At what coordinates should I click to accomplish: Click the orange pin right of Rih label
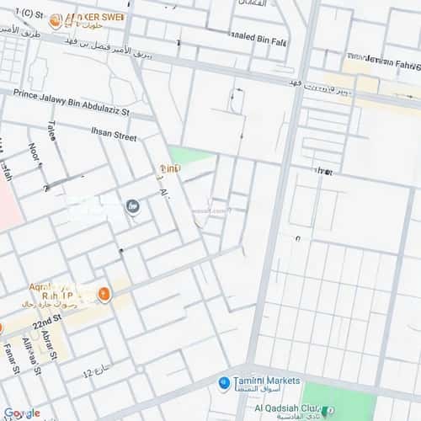tap(104, 294)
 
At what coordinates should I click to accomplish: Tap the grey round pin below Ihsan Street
tap(132, 205)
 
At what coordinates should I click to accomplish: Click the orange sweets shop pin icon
tap(55, 21)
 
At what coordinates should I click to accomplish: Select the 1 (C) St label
tap(22, 13)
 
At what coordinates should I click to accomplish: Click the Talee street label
tap(52, 132)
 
